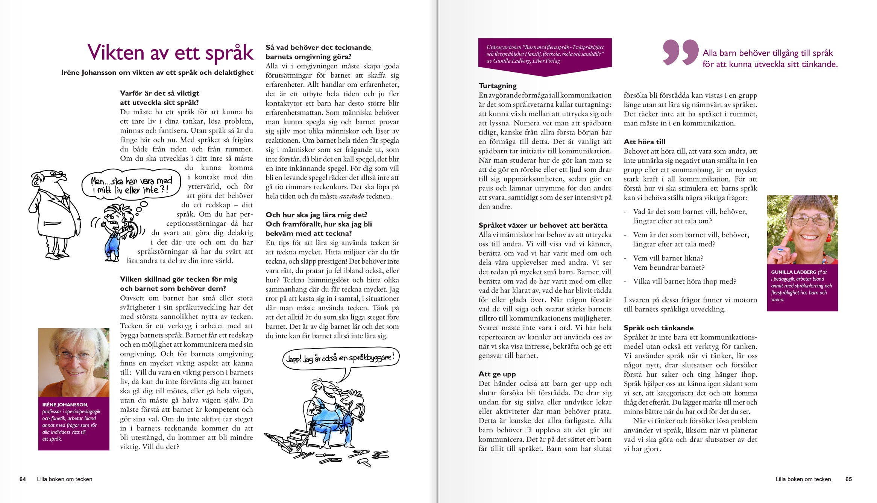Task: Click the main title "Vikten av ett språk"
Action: pyautogui.click(x=170, y=53)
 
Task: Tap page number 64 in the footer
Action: pyautogui.click(x=23, y=479)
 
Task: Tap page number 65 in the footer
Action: pyautogui.click(x=848, y=479)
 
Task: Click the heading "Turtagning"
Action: pyautogui.click(x=498, y=86)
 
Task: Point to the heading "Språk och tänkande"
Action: pyautogui.click(x=659, y=328)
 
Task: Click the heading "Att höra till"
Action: pyautogui.click(x=644, y=142)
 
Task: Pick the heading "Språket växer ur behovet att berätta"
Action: pyautogui.click(x=543, y=225)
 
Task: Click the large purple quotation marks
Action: pyautogui.click(x=680, y=52)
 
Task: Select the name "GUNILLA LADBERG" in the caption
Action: pyautogui.click(x=794, y=272)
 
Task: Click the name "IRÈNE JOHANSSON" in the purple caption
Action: pyautogui.click(x=65, y=405)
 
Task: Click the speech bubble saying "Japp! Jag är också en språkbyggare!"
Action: pyautogui.click(x=340, y=358)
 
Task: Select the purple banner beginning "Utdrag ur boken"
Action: pyautogui.click(x=545, y=54)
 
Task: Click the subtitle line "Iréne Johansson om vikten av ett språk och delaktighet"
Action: pyautogui.click(x=157, y=73)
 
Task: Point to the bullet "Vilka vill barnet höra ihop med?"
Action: pyautogui.click(x=684, y=281)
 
